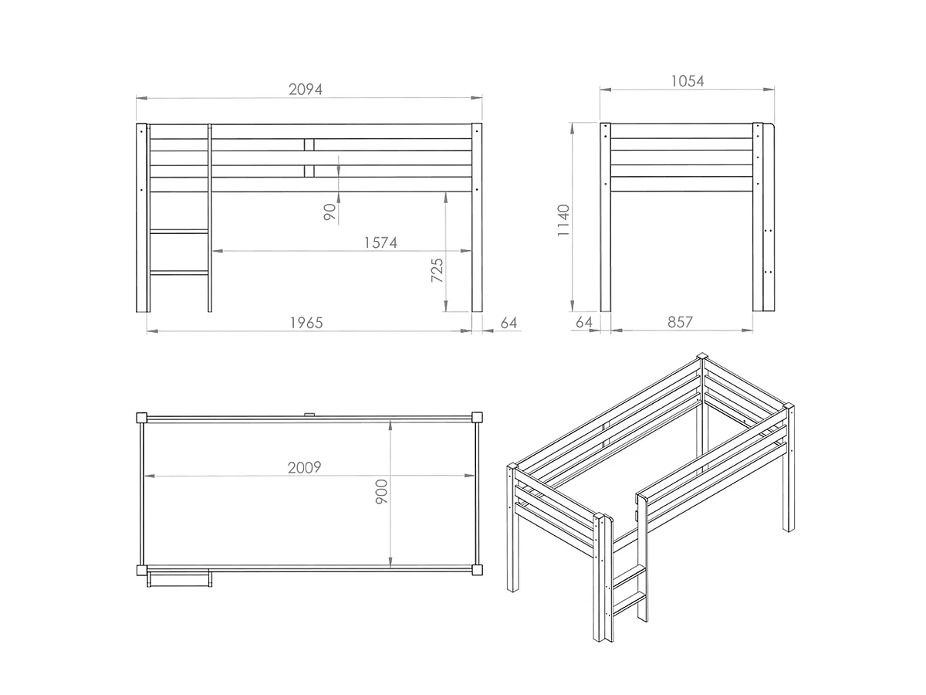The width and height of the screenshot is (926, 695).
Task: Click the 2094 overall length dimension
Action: coord(305,90)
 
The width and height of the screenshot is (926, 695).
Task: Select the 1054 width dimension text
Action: coord(688,81)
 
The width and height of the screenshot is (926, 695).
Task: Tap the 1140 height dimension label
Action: coord(563,220)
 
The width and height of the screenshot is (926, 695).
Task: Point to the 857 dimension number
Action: coord(680,322)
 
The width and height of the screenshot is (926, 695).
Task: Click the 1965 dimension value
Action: coord(306,324)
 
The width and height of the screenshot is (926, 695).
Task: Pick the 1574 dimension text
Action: coord(380,242)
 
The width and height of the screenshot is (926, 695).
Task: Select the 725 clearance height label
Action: coord(437,270)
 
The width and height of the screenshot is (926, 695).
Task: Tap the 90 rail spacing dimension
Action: coord(330,212)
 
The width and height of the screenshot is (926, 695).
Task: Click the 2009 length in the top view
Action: coord(304,467)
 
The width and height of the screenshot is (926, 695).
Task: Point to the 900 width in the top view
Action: coord(381,492)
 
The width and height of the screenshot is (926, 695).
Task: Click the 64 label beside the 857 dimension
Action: coord(584,322)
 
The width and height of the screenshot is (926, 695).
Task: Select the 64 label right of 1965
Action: coord(509,324)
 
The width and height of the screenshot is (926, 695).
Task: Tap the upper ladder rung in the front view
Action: coord(179,232)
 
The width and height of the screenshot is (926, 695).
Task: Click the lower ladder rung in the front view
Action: coord(179,273)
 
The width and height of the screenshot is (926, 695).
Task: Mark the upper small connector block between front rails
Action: coord(309,144)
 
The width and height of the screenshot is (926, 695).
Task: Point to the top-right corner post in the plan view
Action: coord(477,418)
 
